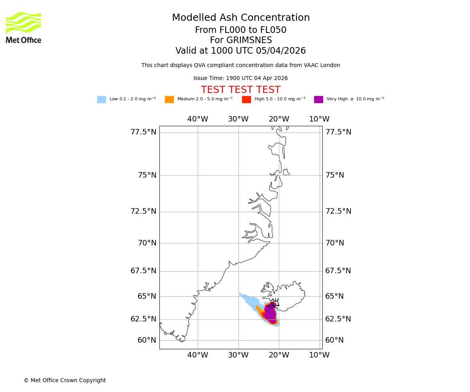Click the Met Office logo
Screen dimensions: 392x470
tap(23, 27)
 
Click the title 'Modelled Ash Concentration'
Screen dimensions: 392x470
tap(241, 18)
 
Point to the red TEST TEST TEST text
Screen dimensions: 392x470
tap(240, 90)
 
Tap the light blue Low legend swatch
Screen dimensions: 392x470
tap(101, 100)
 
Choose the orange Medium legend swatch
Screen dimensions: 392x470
tap(169, 100)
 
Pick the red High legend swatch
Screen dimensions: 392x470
tap(246, 100)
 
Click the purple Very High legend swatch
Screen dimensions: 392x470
tap(318, 100)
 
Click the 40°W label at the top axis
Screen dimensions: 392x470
tap(197, 119)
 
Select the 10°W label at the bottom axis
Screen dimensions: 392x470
tap(319, 355)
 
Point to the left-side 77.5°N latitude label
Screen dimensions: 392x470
tap(143, 132)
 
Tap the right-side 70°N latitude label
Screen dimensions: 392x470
tap(334, 243)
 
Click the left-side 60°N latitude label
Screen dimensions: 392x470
tap(147, 340)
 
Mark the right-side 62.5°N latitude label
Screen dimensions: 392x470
tap(338, 319)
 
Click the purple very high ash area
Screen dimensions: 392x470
tap(270, 314)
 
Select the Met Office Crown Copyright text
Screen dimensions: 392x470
tap(65, 381)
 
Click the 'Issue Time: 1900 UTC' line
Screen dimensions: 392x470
tap(240, 78)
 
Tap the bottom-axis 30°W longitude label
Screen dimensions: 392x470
tap(238, 355)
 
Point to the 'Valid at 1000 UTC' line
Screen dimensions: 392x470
tap(240, 51)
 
